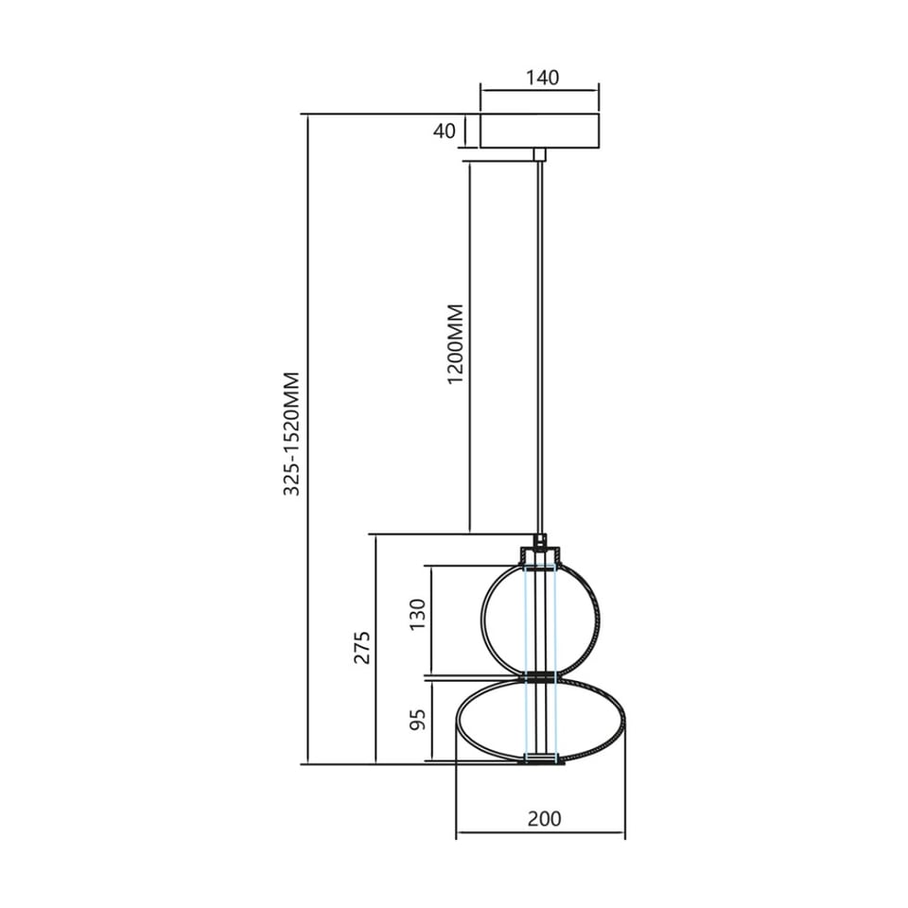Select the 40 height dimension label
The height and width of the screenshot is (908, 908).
[x=445, y=131]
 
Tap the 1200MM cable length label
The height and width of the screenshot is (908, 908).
[x=456, y=343]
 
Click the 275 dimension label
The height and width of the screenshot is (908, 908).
[x=362, y=647]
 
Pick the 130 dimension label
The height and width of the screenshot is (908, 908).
[x=418, y=621]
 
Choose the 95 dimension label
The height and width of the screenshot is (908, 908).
[x=418, y=720]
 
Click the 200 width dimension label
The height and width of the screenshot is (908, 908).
[x=544, y=819]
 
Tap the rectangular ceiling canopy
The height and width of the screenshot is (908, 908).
[x=539, y=131]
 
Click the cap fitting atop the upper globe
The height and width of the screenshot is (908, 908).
[x=540, y=554]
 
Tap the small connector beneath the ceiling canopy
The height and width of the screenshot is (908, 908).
[x=539, y=154]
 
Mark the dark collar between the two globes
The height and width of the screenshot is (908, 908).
[x=540, y=677]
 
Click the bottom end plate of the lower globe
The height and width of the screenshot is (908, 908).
[x=541, y=759]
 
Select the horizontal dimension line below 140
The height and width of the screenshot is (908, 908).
[x=539, y=91]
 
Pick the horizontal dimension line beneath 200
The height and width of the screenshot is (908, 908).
[x=540, y=834]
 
